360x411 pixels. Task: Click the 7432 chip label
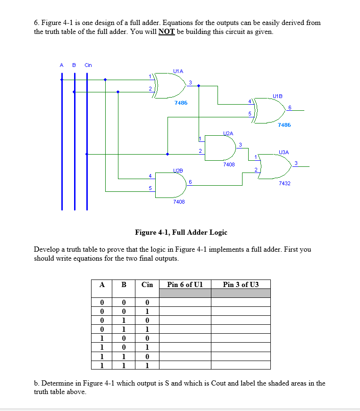285,183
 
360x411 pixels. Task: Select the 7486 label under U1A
180,102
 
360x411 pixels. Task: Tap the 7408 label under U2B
179,201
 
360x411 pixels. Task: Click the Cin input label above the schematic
88,65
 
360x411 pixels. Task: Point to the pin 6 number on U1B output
290,107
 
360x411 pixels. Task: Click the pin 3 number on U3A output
296,163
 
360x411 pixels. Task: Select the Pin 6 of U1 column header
184,284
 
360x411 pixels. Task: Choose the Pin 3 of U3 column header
241,284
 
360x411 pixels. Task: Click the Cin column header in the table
147,284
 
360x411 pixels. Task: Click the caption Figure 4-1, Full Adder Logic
181,232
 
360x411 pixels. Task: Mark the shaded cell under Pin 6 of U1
184,293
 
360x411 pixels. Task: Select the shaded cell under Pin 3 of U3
241,293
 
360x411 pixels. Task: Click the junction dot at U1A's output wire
199,86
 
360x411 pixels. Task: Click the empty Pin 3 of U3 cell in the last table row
241,365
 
